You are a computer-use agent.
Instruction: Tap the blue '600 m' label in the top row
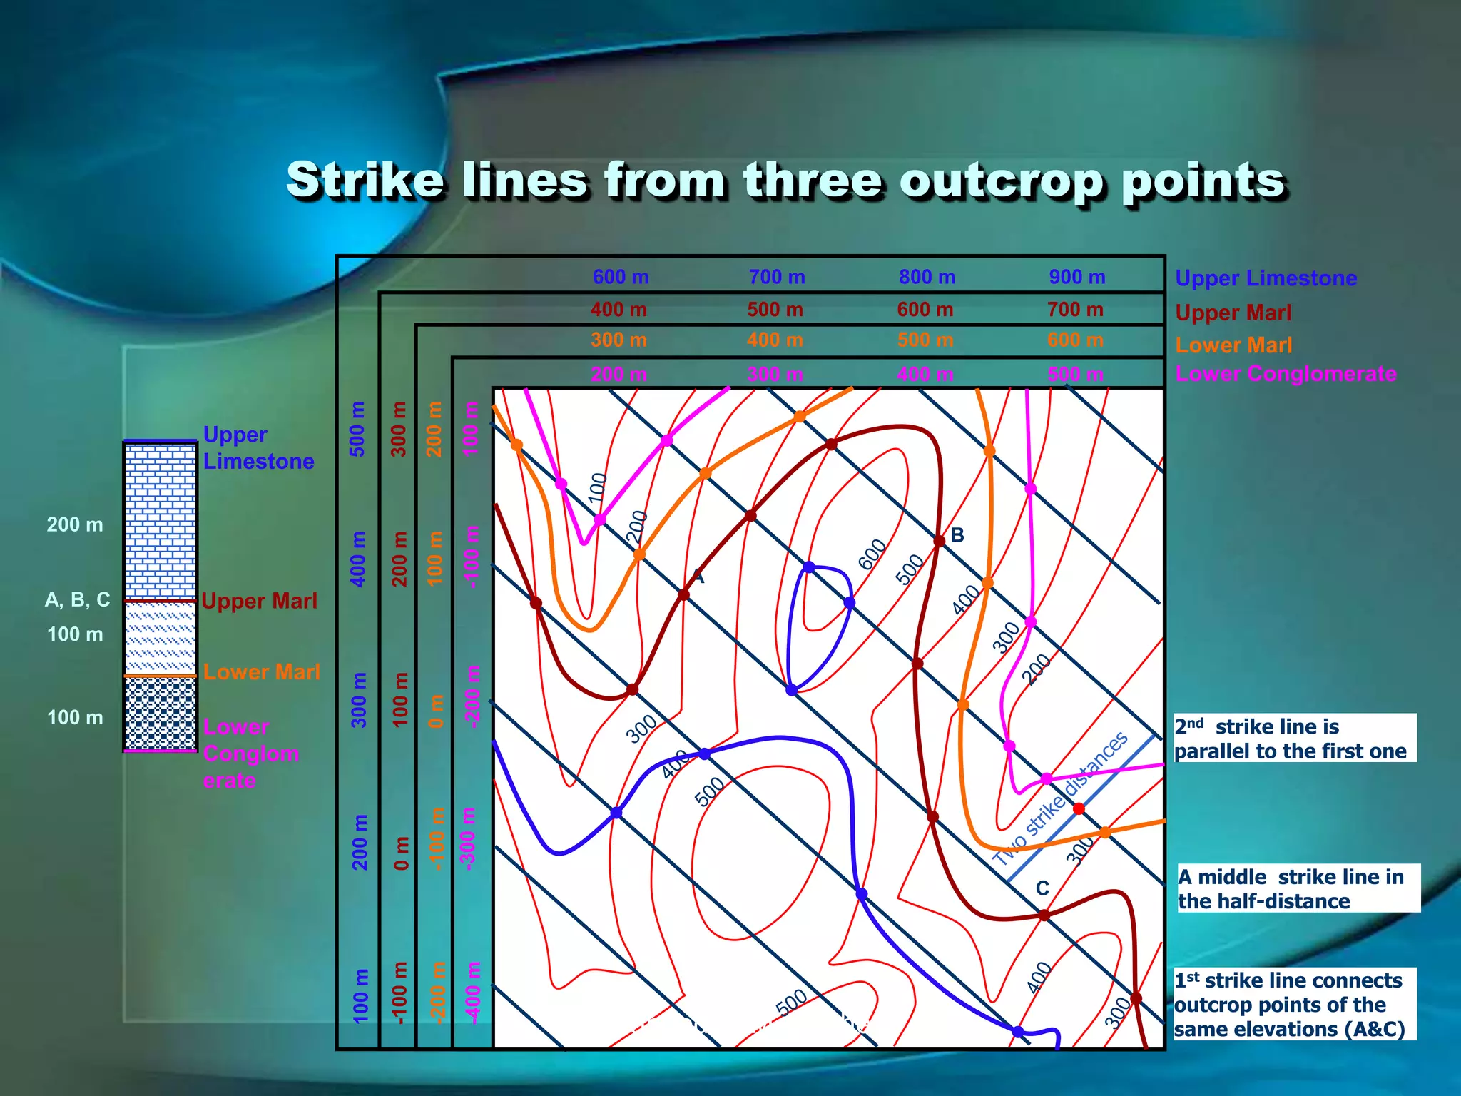[621, 277]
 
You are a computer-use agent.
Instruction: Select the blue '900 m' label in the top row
[1076, 277]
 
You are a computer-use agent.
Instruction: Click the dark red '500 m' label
[775, 310]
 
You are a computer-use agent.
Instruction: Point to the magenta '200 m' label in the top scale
[618, 375]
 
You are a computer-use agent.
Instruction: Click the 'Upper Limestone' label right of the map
[1266, 278]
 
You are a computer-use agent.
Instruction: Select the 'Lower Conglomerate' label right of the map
[1286, 374]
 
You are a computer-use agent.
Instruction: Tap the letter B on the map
[957, 535]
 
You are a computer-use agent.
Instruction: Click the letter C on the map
[1042, 888]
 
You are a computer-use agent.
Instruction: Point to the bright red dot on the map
[1079, 808]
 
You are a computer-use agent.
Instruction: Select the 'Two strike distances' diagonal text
[1061, 798]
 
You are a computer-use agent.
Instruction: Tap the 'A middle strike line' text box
[1297, 888]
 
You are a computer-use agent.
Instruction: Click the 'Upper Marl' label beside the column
[259, 601]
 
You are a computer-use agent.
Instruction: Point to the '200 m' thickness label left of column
[75, 524]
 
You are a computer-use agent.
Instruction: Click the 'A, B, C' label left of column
[77, 599]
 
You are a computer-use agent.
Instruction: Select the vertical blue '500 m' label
[357, 429]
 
